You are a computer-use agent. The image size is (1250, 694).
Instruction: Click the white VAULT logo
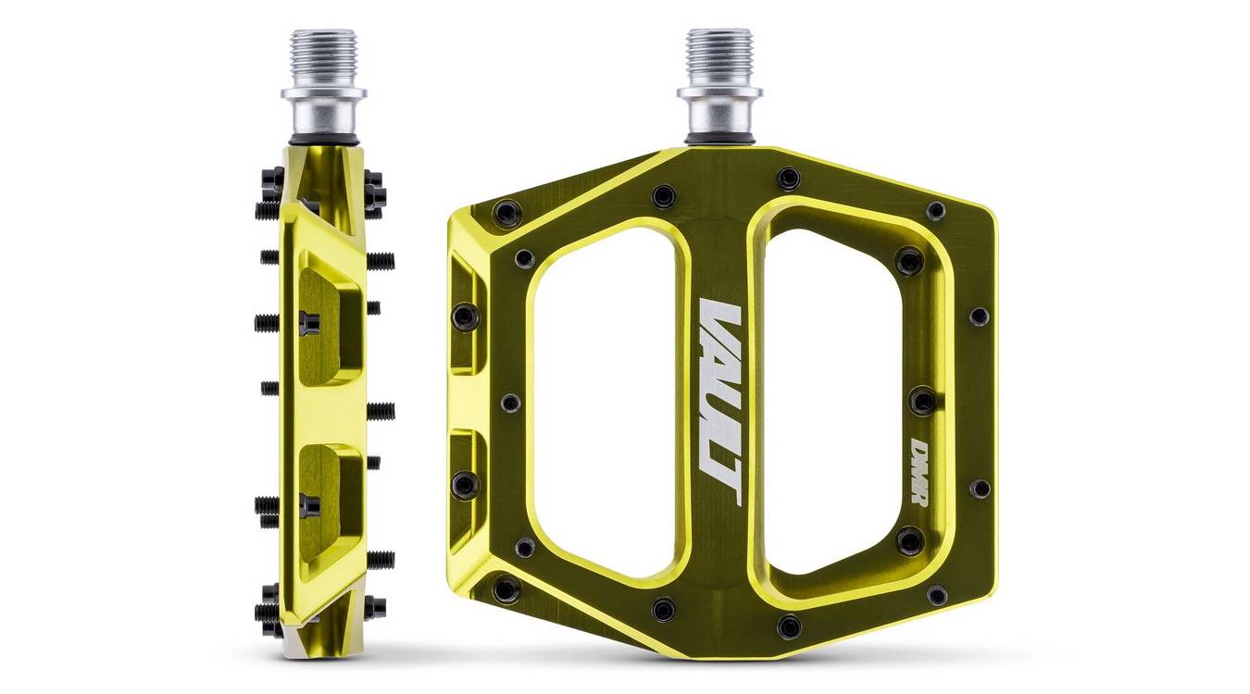pyautogui.click(x=719, y=402)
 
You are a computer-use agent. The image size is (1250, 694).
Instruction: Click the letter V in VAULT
pyautogui.click(x=720, y=319)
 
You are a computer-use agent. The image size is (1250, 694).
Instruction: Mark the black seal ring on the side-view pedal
pyautogui.click(x=323, y=140)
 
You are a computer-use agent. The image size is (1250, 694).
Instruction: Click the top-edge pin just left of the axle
pyautogui.click(x=663, y=196)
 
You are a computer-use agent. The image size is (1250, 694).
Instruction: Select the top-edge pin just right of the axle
pyautogui.click(x=788, y=178)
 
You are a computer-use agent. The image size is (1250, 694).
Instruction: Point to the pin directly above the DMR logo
pyautogui.click(x=922, y=401)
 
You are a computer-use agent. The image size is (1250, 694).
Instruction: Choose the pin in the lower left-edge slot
pyautogui.click(x=465, y=484)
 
